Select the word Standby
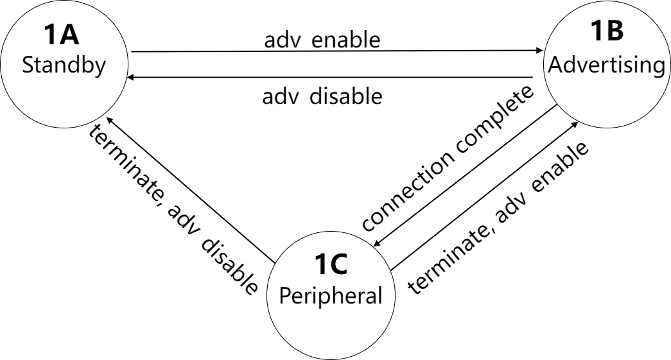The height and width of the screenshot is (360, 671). (x=64, y=67)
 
